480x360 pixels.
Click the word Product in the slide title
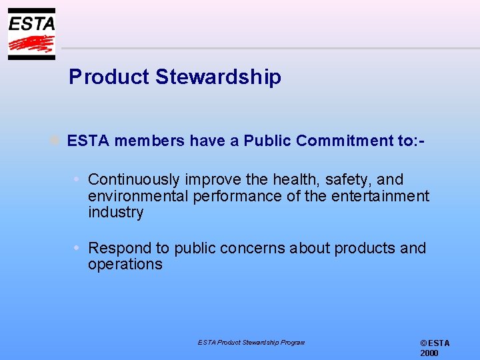pyautogui.click(x=109, y=77)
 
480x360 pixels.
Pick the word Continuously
pyautogui.click(x=133, y=180)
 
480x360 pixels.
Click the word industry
pyautogui.click(x=115, y=213)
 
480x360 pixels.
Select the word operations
pyautogui.click(x=125, y=265)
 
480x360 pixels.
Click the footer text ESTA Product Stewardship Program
pyautogui.click(x=251, y=343)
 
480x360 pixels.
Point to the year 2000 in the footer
pyautogui.click(x=429, y=353)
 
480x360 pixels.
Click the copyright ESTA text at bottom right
pyautogui.click(x=435, y=343)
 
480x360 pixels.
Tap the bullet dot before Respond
pyautogui.click(x=77, y=248)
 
